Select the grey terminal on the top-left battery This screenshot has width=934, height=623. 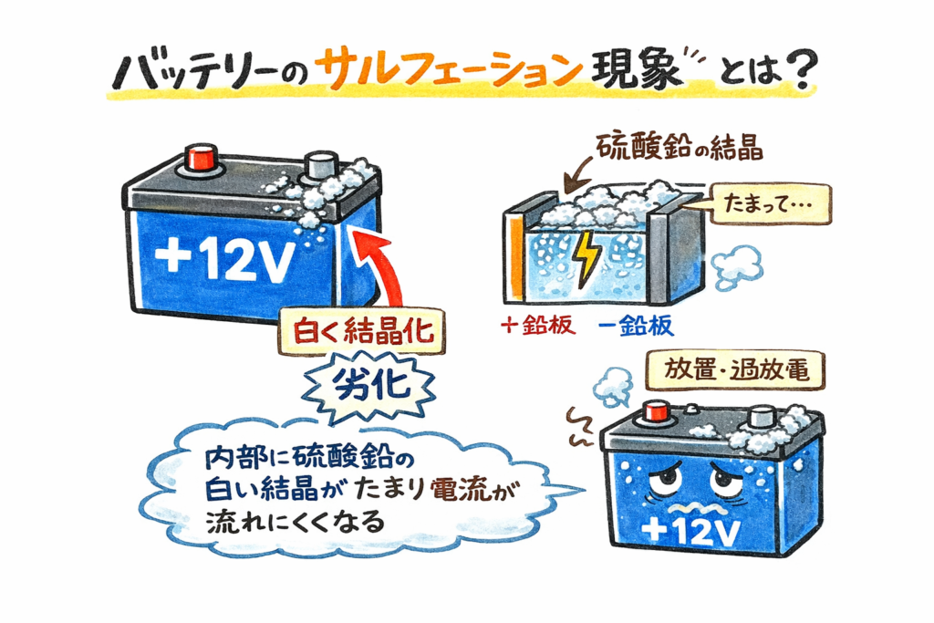pyautogui.click(x=320, y=167)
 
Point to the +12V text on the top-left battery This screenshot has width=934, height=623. pyautogui.click(x=224, y=263)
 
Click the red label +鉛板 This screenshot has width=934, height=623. pyautogui.click(x=539, y=327)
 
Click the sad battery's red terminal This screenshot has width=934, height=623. pyautogui.click(x=653, y=412)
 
